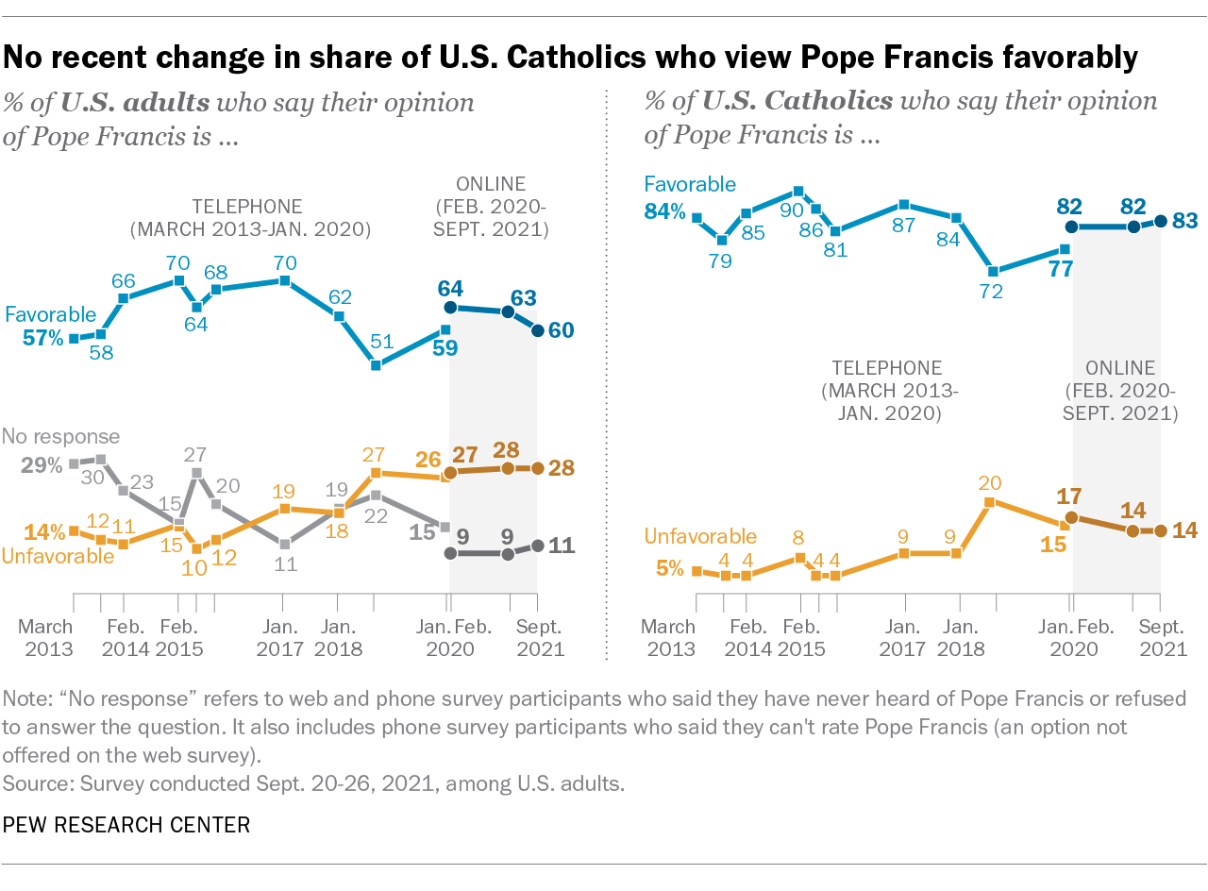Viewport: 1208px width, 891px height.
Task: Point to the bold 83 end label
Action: tap(1185, 221)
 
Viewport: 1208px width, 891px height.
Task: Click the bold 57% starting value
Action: tap(43, 337)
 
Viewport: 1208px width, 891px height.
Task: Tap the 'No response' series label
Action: tap(60, 436)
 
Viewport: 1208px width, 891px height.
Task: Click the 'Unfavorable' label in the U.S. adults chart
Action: tap(58, 556)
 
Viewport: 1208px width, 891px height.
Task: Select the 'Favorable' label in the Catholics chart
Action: tap(690, 185)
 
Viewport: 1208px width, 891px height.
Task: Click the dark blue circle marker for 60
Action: tap(537, 330)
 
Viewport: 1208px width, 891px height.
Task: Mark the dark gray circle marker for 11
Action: tap(537, 546)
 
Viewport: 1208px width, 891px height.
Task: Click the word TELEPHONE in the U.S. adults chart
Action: tap(247, 205)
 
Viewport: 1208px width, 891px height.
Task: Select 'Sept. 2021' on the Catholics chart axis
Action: tap(1160, 638)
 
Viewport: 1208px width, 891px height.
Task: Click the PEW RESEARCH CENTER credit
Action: tap(126, 825)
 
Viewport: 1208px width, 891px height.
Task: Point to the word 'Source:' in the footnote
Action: tap(33, 782)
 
